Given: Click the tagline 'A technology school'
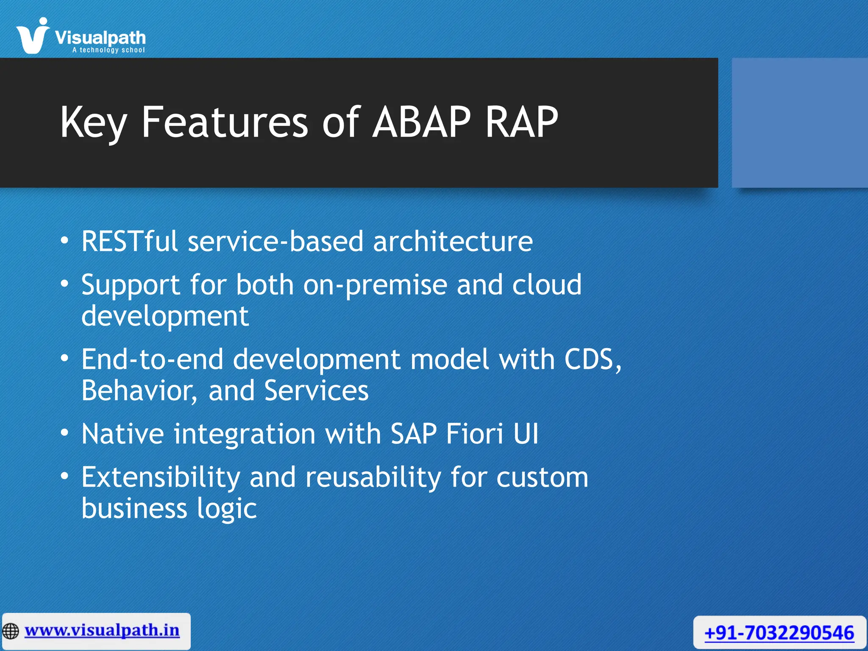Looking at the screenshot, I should point(108,50).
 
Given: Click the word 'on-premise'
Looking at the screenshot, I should point(375,285).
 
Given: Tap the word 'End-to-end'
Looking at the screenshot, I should point(152,359).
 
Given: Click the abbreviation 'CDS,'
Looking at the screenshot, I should point(593,359).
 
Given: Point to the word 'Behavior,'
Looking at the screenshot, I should point(139,390).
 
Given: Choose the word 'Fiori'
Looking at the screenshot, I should point(475,434).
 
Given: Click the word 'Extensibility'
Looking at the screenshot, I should point(161,477).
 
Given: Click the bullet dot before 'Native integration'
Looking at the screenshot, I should point(64,433).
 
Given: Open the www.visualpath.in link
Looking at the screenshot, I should point(102,630).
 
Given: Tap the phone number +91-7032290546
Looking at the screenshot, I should point(779,633).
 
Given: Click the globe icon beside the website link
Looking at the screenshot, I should point(11,631).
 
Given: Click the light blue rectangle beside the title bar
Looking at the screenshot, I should point(799,123).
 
